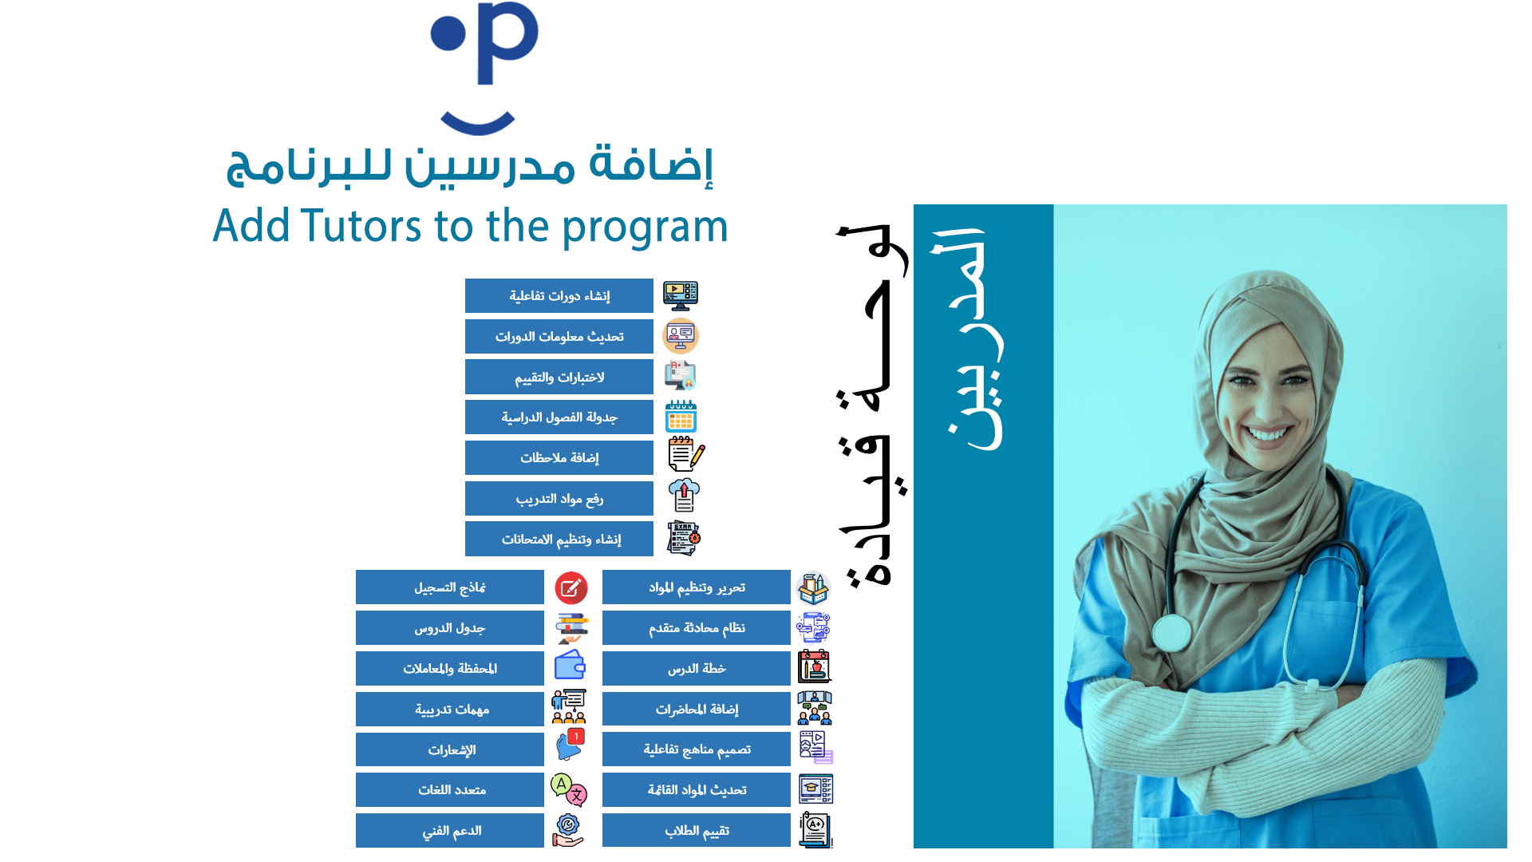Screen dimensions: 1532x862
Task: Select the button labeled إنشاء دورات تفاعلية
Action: pos(559,295)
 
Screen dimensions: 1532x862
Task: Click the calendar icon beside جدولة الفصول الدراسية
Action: pos(681,417)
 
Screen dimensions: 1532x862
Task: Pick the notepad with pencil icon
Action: pos(686,454)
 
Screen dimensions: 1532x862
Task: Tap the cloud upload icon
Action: pos(684,495)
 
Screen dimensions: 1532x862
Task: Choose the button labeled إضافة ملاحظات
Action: pos(559,457)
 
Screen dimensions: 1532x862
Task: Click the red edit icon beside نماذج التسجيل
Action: pos(571,588)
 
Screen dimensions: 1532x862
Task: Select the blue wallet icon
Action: pos(570,665)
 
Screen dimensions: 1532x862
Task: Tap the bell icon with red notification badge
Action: pos(571,745)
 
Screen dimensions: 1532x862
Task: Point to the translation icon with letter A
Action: pos(569,790)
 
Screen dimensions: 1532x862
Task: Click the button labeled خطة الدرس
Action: pos(697,668)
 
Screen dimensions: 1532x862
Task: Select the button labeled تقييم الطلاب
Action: pos(697,830)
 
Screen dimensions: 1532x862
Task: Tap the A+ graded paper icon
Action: pos(815,830)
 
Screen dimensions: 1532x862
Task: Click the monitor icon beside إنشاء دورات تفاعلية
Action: pos(681,295)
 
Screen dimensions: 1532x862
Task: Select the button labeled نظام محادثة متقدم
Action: pos(697,627)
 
